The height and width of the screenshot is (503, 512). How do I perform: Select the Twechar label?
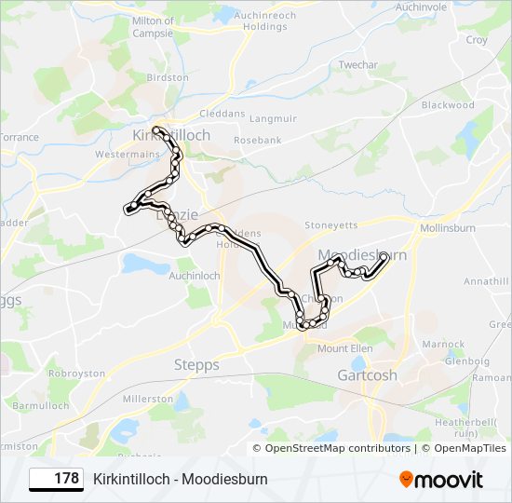(358, 65)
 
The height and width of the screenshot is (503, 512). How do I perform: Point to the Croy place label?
(476, 40)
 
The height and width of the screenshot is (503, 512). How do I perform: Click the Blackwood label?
(448, 105)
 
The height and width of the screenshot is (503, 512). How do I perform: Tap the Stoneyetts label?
(331, 225)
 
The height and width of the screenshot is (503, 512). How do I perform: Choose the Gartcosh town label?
(366, 375)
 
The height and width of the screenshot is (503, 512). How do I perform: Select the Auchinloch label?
(195, 277)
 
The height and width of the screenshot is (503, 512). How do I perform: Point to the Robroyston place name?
(77, 373)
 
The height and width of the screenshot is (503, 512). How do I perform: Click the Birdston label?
(168, 78)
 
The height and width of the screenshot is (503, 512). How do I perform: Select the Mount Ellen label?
(345, 348)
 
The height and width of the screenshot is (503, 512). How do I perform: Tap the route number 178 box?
(57, 479)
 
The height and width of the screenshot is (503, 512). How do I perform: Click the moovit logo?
(440, 480)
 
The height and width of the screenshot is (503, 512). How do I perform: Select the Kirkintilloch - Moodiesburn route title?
(181, 479)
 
